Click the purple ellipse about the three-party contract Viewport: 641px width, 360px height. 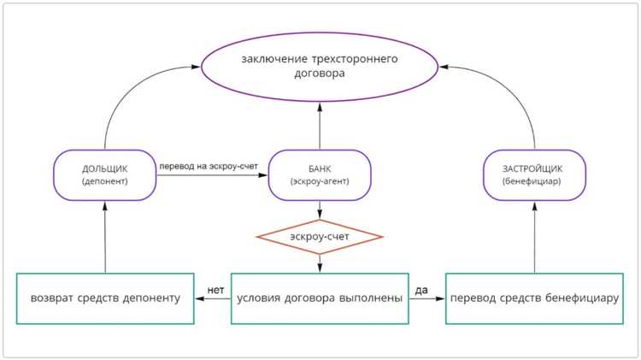(319, 68)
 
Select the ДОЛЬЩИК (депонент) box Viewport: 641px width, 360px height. (105, 175)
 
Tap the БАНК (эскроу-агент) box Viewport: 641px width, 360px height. (320, 175)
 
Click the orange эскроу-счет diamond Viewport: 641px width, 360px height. (320, 236)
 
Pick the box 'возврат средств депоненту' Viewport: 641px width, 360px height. (105, 298)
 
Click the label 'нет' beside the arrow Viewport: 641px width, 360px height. (215, 288)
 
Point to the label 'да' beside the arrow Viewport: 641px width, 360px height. (420, 288)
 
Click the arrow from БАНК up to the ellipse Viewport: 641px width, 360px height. (320, 124)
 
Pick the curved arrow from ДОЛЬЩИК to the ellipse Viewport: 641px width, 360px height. (128, 86)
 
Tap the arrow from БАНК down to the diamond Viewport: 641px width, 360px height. (320, 210)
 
